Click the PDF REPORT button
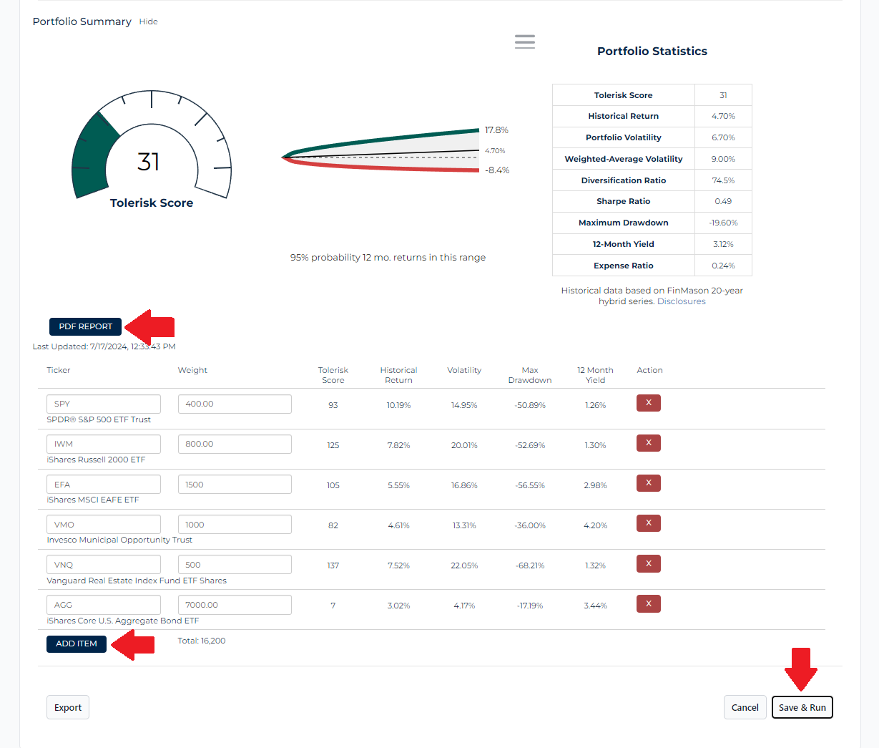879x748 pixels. pos(85,326)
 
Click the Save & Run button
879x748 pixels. pos(802,707)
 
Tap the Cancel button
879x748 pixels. pos(745,707)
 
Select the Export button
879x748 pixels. pos(68,707)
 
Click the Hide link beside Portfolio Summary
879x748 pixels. pos(148,21)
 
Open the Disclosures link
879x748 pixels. pos(681,301)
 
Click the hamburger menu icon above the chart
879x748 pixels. pos(525,42)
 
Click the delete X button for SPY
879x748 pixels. pos(648,403)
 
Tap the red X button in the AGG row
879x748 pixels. pos(648,604)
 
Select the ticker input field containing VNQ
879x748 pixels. pos(103,565)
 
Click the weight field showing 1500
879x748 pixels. pos(235,485)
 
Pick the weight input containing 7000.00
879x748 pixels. pos(235,605)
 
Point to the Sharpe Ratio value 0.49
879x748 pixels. pos(723,201)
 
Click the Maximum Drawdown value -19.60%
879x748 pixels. pos(723,223)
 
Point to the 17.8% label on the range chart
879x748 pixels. pos(496,130)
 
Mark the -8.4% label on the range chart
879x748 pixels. pos(497,170)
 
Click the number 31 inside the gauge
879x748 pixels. pos(149,162)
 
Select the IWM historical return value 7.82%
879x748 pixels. pos(398,445)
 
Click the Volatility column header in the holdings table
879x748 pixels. pos(464,370)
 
